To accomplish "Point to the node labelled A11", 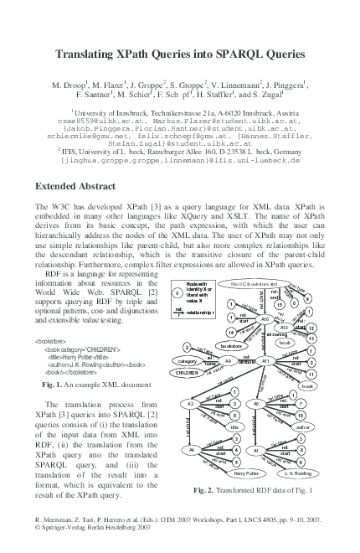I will [265, 360].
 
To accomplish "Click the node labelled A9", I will [229, 361].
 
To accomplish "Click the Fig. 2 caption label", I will [206, 489].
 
